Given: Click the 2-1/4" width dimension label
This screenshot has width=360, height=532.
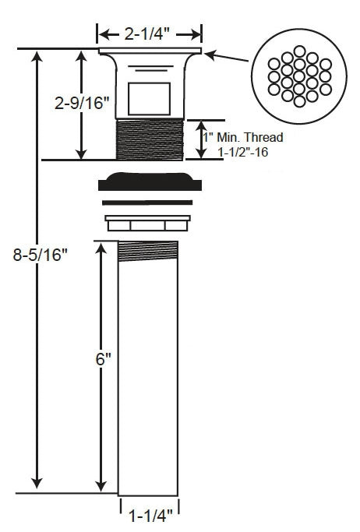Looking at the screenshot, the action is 146,34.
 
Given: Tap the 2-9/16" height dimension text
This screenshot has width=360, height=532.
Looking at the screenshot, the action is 82,102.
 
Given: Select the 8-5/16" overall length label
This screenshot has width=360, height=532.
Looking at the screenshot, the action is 41,255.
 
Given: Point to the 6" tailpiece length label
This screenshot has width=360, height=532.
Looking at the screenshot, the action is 104,359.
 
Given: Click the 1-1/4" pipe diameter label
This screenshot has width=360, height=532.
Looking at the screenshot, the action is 150,516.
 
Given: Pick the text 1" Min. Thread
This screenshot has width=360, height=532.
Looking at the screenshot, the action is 243,137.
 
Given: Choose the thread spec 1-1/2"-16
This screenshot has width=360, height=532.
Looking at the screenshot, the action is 243,152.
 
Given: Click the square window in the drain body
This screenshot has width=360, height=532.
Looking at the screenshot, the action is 150,99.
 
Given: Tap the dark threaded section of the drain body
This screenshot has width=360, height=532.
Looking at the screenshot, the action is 150,139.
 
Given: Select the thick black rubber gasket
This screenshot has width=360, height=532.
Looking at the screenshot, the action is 150,181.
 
